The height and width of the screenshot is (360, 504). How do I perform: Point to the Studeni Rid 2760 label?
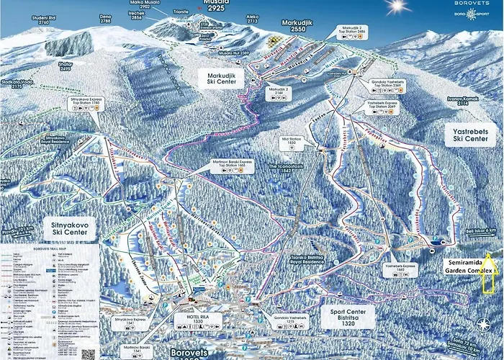pyautogui.click(x=37, y=19)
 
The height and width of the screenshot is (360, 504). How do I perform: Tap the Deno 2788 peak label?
pyautogui.click(x=106, y=19)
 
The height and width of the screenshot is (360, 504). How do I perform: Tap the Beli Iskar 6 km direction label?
pyautogui.click(x=482, y=231)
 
